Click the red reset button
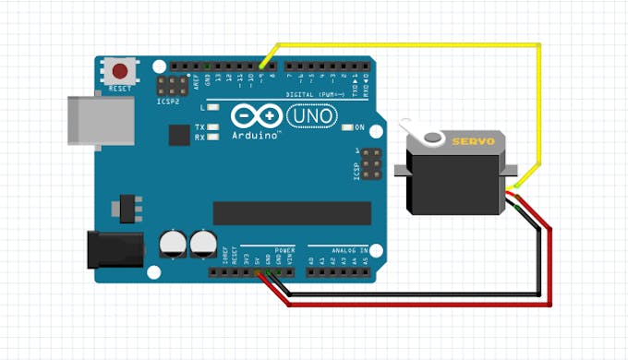click(x=120, y=71)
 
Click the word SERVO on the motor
click(x=473, y=141)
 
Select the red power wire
click(x=550, y=268)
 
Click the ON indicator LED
click(x=347, y=126)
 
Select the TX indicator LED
click(x=213, y=126)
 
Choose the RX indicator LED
click(x=213, y=138)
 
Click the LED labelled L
click(x=213, y=109)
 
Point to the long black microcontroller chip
click(x=292, y=212)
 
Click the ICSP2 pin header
click(x=171, y=88)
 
